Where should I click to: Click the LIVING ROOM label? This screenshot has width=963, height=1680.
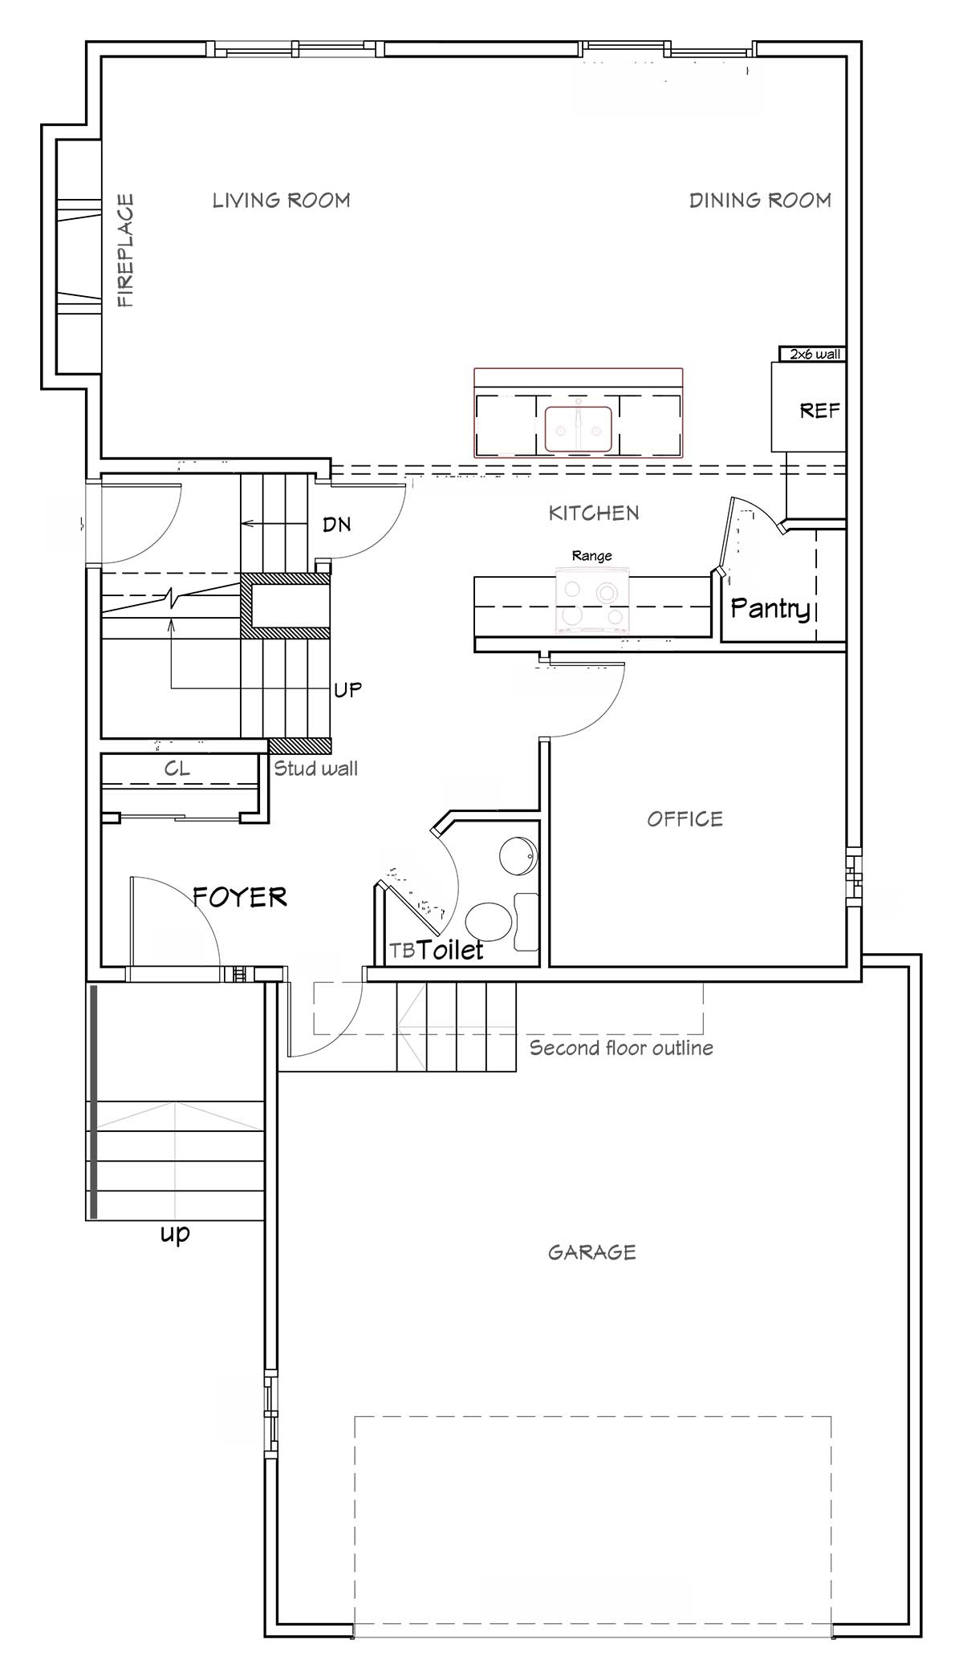(281, 200)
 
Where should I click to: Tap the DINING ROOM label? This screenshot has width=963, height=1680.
(760, 200)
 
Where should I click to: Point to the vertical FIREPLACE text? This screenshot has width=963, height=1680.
(126, 250)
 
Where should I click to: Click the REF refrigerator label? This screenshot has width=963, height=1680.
(819, 411)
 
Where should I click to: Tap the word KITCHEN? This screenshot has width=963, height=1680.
(594, 513)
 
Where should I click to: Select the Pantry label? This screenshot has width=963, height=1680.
(770, 609)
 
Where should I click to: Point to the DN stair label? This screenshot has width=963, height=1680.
(337, 525)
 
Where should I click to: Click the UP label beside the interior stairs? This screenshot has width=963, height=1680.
(347, 689)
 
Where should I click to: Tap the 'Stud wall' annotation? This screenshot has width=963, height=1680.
(315, 768)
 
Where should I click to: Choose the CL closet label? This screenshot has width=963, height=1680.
(177, 769)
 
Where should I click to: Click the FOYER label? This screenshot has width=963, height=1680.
(240, 896)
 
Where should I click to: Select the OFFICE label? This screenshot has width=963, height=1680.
(685, 818)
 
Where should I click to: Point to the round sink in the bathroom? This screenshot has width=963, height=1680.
(518, 856)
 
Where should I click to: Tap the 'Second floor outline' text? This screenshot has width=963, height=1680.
(621, 1048)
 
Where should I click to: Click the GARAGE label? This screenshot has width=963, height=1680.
(592, 1252)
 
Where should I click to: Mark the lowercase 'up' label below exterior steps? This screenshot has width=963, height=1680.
(175, 1233)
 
